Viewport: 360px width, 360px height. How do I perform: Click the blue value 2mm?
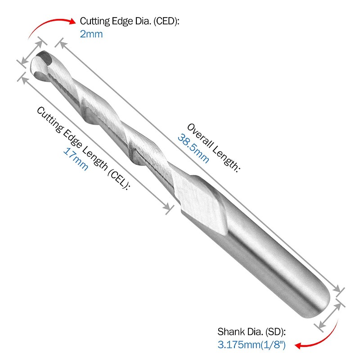[91, 34]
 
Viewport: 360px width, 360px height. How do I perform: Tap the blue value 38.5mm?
[193, 149]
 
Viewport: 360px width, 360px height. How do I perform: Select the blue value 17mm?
[76, 159]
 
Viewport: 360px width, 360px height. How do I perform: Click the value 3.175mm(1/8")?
[252, 345]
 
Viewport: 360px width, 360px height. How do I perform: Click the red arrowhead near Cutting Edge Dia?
[72, 21]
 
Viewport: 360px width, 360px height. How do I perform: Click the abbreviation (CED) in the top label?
[166, 21]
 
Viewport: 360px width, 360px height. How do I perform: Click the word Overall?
[199, 135]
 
